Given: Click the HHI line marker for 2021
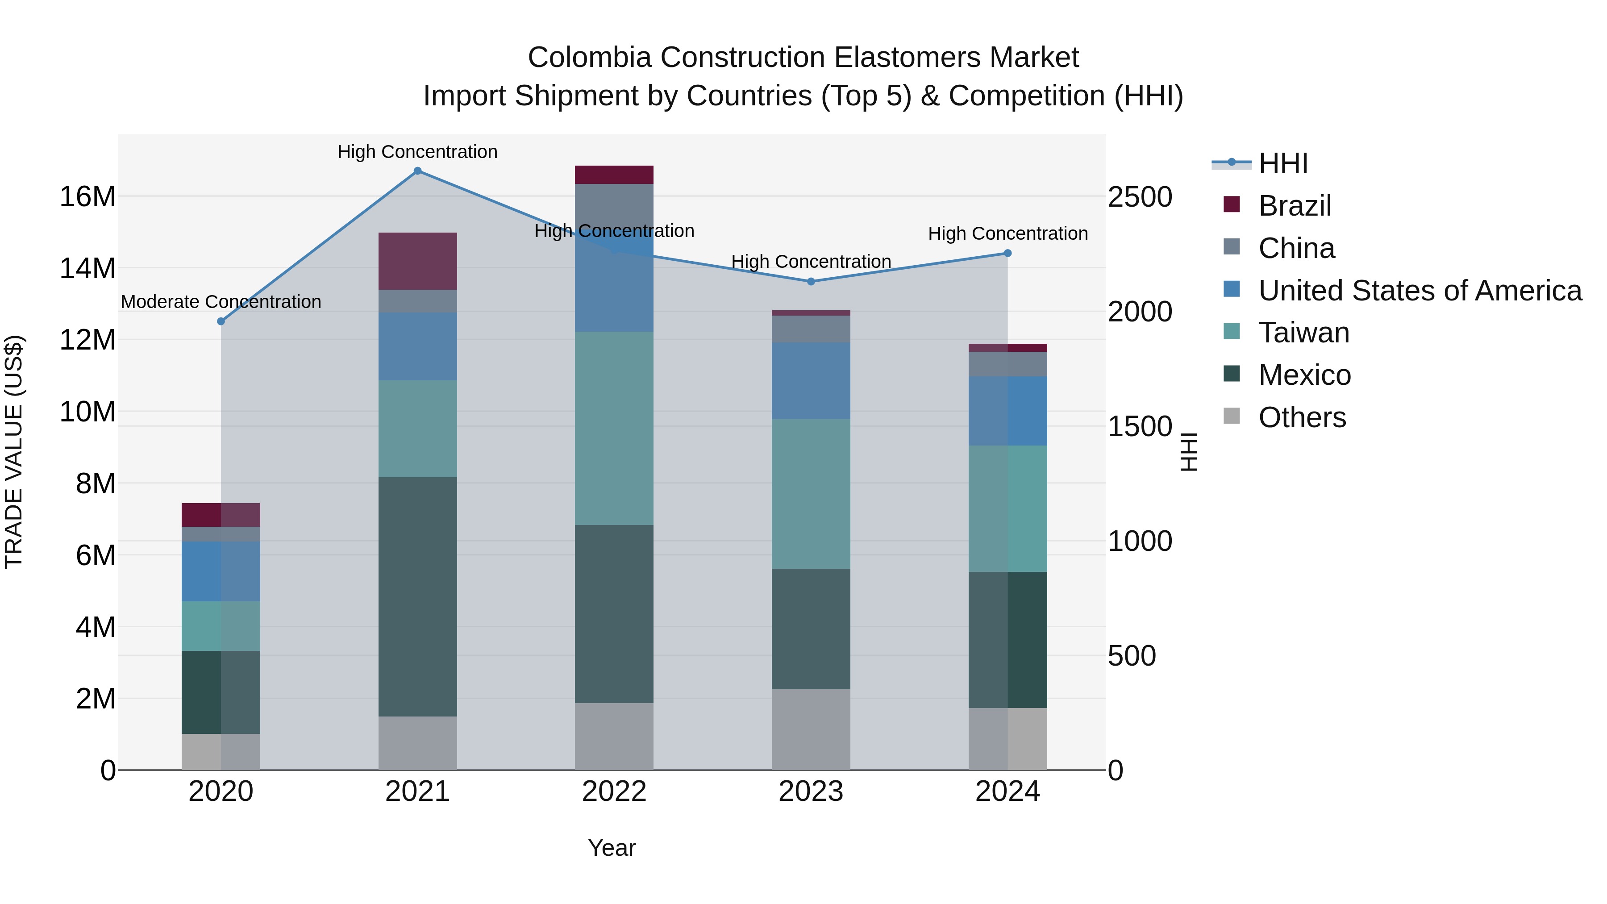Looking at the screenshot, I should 417,171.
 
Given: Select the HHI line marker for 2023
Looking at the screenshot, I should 811,281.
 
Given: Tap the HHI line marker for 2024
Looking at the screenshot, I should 1007,253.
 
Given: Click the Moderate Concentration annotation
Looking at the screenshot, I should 221,302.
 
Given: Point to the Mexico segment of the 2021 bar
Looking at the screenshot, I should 417,596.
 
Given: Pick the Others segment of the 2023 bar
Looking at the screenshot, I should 811,729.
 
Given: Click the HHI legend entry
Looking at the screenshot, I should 1282,163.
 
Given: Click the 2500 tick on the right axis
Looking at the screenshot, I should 1140,197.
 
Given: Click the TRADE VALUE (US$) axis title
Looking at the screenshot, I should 14,452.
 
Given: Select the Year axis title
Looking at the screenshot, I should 612,848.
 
